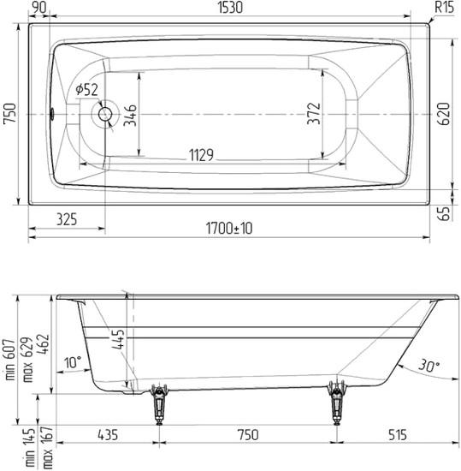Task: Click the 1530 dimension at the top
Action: tap(230, 7)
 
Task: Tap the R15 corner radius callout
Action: tap(444, 7)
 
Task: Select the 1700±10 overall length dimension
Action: tap(229, 229)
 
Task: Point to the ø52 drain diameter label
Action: tap(86, 89)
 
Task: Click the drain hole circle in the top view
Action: tap(105, 114)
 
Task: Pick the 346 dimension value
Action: tap(130, 116)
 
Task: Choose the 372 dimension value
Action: tap(314, 114)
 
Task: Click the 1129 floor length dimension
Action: tap(201, 155)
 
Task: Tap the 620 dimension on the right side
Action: tap(444, 114)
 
